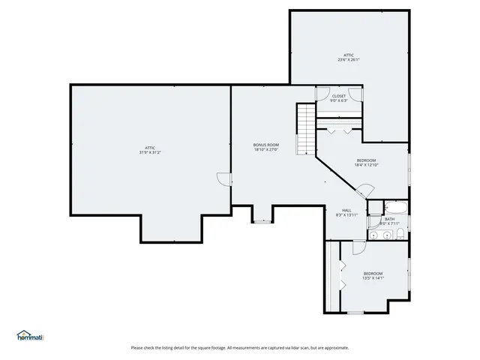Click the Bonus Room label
pyautogui.click(x=265, y=144)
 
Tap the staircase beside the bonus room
pyautogui.click(x=306, y=128)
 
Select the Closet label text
pyautogui.click(x=339, y=96)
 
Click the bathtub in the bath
pyautogui.click(x=394, y=208)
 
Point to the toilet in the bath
pyautogui.click(x=401, y=235)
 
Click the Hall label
pyautogui.click(x=346, y=210)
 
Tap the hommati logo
pyautogui.click(x=30, y=336)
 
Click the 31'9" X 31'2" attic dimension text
pyautogui.click(x=150, y=153)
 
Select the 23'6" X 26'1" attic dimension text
pyautogui.click(x=349, y=61)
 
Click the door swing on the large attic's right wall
pyautogui.click(x=223, y=178)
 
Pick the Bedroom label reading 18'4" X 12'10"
pyautogui.click(x=366, y=160)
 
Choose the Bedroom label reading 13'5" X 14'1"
pyautogui.click(x=373, y=273)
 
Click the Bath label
pyautogui.click(x=389, y=219)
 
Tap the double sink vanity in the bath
pyautogui.click(x=380, y=235)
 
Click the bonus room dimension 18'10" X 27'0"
pyautogui.click(x=265, y=149)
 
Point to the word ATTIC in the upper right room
pyautogui.click(x=349, y=55)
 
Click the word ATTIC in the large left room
pyautogui.click(x=150, y=148)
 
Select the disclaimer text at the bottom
pyautogui.click(x=240, y=347)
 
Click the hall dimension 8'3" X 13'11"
pyautogui.click(x=346, y=215)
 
